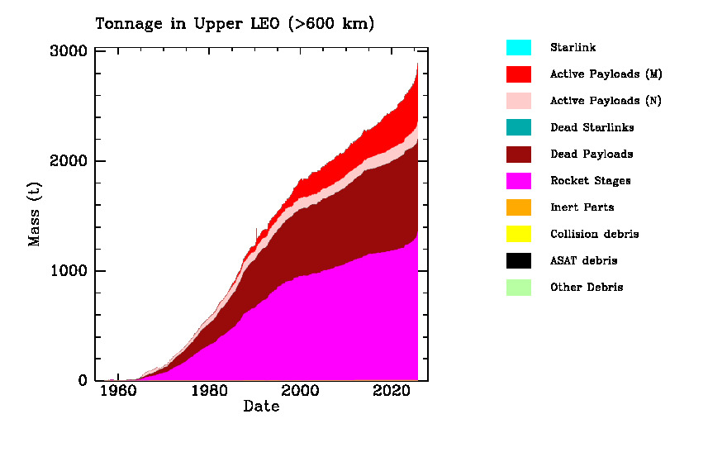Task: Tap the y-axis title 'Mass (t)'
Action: click(34, 216)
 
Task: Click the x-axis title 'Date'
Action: click(261, 407)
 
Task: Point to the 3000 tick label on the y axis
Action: click(69, 51)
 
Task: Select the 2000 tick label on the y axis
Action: click(69, 161)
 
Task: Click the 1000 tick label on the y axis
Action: click(69, 271)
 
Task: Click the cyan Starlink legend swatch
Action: click(519, 47)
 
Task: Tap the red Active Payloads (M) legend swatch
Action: click(519, 74)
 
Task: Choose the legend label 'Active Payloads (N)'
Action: click(606, 101)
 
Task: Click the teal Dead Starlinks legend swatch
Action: click(519, 127)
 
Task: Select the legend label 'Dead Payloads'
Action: click(592, 154)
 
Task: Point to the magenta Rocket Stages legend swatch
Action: click(519, 180)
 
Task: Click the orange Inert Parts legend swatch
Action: click(519, 207)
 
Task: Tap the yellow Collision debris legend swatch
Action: click(519, 234)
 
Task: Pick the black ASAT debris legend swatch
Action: click(519, 260)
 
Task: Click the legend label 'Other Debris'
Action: click(587, 287)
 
